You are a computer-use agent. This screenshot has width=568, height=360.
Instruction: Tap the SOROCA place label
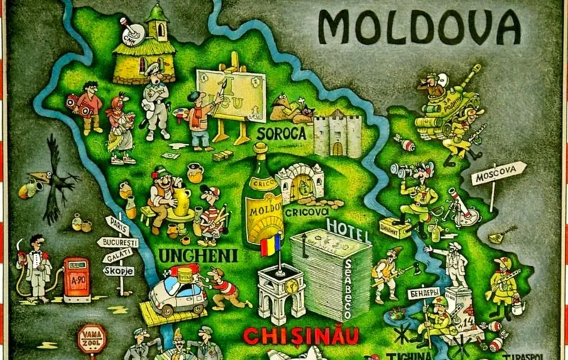[282, 133]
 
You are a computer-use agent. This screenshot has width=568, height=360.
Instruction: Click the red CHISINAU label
[300, 334]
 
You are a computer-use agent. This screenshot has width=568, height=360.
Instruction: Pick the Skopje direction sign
[119, 271]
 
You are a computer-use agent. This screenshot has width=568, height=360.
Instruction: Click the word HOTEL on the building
[348, 228]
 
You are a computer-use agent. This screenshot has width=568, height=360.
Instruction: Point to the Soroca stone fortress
[337, 133]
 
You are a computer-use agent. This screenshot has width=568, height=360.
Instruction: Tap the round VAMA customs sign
[91, 337]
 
